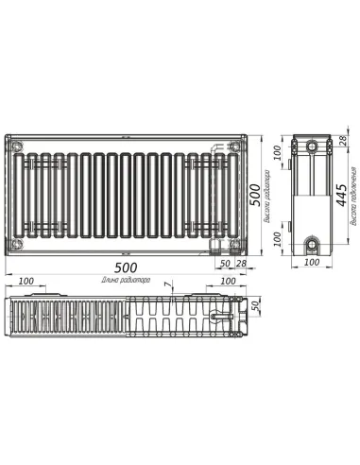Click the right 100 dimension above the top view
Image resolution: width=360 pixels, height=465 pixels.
(228, 282)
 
